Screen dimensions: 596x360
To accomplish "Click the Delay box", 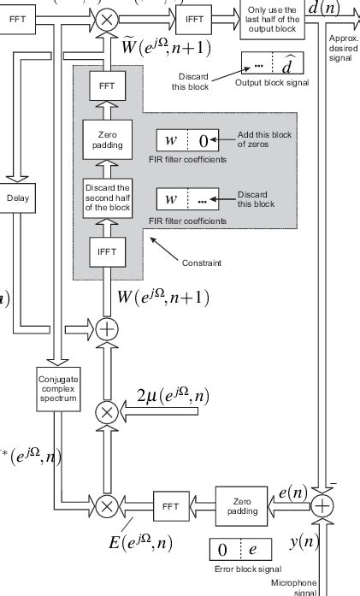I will pos(17,198).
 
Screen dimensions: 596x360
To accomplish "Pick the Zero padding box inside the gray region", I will pos(107,141).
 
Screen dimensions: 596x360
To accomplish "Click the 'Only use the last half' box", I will pos(273,19).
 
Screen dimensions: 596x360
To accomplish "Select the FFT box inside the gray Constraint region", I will pos(107,86).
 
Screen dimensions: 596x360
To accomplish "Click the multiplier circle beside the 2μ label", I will pos(107,411).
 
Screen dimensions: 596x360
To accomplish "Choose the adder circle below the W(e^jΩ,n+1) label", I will pos(107,328).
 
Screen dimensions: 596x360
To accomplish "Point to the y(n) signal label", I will pos(303,542).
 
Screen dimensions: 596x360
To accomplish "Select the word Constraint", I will pos(202,263).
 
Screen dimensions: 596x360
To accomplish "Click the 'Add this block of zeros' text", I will pos(262,139).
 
